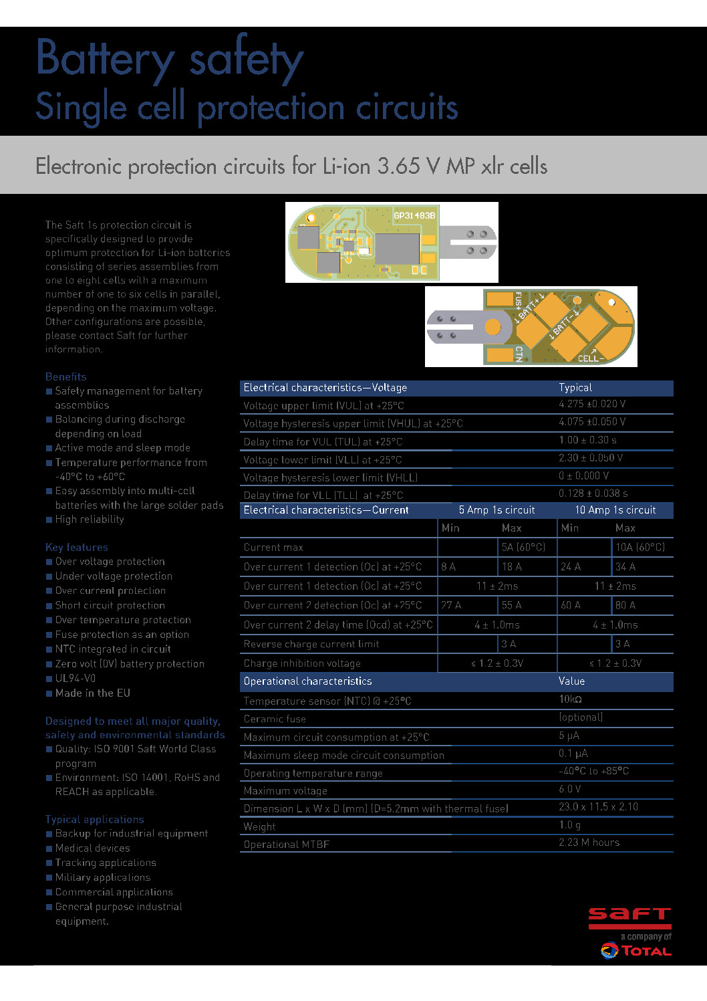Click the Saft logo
click(x=629, y=917)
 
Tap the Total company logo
click(x=636, y=950)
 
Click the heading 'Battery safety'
click(x=170, y=59)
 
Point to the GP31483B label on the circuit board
click(x=414, y=215)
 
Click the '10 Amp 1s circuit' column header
click(x=615, y=510)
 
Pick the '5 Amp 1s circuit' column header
click(x=497, y=510)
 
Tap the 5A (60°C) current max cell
click(x=523, y=547)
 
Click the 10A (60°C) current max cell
click(x=640, y=547)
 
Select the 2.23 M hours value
click(x=589, y=843)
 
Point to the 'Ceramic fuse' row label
click(x=275, y=719)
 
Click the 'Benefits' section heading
click(x=65, y=376)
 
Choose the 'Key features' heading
click(x=76, y=547)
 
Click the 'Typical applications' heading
click(x=94, y=819)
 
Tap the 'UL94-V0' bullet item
click(x=75, y=678)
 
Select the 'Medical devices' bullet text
click(x=92, y=848)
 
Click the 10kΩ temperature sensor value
click(x=570, y=699)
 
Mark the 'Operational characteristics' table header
click(x=307, y=681)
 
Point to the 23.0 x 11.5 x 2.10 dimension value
click(x=598, y=807)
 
